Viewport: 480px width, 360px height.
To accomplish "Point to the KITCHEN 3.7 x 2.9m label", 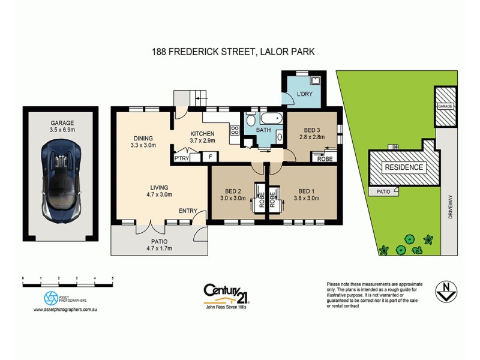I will click(x=202, y=137).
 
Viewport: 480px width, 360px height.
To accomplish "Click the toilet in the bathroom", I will click(x=251, y=120).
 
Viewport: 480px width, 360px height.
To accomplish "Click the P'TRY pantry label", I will click(x=181, y=158).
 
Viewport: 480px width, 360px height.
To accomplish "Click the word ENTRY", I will click(x=188, y=211).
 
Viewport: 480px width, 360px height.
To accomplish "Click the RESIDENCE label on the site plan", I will click(x=403, y=167).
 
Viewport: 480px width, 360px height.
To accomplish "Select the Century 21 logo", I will click(x=227, y=292).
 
